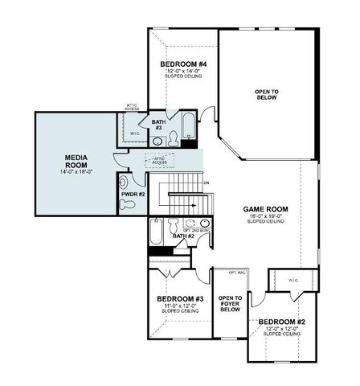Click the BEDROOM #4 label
pyautogui.click(x=183, y=64)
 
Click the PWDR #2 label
pyautogui.click(x=133, y=194)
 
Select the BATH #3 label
pyautogui.click(x=158, y=125)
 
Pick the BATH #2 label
pyautogui.click(x=185, y=236)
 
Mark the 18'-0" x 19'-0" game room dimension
pyautogui.click(x=265, y=216)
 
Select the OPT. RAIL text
pyautogui.click(x=237, y=272)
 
